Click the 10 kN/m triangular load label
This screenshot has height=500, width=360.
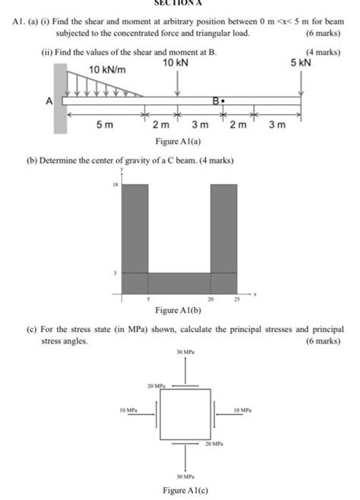tap(106, 69)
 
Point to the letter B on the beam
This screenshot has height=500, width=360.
tap(216, 100)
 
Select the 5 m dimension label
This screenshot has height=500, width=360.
tap(105, 125)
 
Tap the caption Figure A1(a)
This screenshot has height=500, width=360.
tap(178, 142)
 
